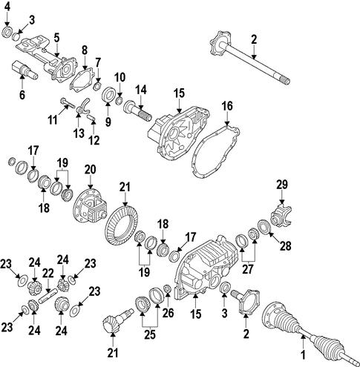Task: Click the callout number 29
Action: [282, 185]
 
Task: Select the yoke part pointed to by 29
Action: [281, 216]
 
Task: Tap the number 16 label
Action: [227, 106]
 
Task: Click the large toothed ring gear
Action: [121, 225]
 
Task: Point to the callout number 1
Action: [303, 355]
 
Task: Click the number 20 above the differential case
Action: [90, 170]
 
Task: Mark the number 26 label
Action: [168, 313]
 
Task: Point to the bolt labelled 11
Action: [68, 103]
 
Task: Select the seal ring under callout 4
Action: [7, 32]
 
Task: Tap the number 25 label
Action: [150, 334]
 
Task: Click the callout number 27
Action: [248, 269]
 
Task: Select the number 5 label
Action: [57, 38]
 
